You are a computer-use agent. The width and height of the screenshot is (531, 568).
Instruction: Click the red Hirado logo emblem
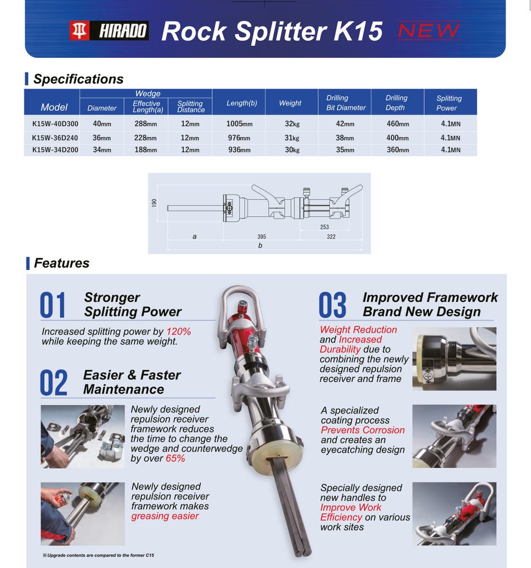(79, 30)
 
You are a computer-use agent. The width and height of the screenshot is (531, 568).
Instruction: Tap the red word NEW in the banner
(429, 30)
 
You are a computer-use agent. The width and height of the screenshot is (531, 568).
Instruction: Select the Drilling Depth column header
(396, 103)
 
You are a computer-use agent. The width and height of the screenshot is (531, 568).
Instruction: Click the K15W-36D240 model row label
(55, 138)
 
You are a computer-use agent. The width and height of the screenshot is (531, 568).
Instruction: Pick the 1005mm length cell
(240, 124)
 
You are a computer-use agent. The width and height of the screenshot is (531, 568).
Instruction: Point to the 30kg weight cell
(292, 150)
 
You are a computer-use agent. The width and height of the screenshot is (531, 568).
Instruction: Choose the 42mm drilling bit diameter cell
(345, 124)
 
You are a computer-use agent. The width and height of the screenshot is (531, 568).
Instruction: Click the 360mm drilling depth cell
(398, 150)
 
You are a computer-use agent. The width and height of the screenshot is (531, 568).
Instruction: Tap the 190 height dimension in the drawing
(154, 203)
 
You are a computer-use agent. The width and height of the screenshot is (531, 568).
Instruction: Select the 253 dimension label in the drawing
(324, 227)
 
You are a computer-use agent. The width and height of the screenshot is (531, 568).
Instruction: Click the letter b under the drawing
(260, 246)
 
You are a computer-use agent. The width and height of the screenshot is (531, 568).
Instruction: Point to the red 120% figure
(179, 332)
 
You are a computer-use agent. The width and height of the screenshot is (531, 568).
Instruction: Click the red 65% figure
(175, 458)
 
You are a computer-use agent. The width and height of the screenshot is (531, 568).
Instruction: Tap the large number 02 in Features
(53, 382)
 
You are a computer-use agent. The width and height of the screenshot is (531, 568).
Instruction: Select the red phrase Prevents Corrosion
(363, 430)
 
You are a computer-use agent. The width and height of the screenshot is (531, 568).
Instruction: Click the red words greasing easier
(165, 516)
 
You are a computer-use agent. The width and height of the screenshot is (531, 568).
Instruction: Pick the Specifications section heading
(79, 79)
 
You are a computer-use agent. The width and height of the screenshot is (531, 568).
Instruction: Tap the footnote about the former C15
(98, 555)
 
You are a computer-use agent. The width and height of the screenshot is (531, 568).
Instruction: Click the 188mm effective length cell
(146, 150)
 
